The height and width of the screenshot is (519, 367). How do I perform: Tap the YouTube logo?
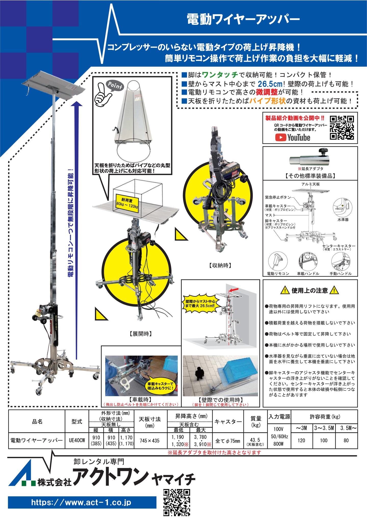point(293,138)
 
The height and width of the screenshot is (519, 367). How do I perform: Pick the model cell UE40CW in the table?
point(77,440)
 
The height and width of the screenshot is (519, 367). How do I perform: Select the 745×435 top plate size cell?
point(150,440)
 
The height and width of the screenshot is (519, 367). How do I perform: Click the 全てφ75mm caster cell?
point(228,440)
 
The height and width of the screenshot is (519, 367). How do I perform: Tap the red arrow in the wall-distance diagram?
point(234,290)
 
